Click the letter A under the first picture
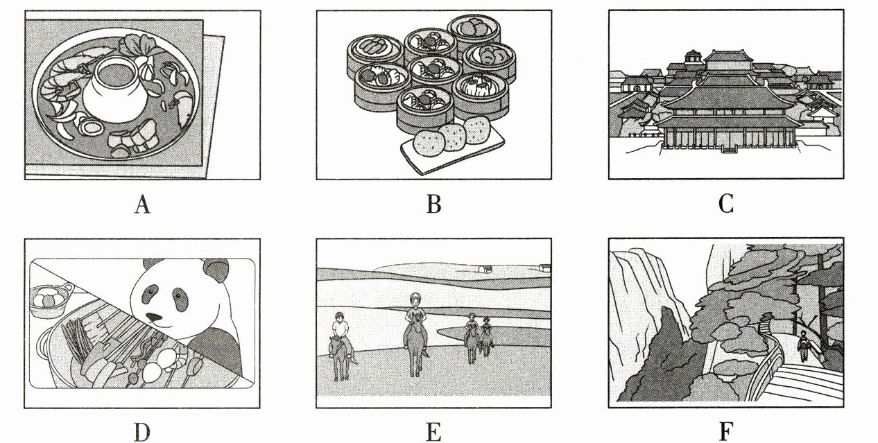pos(142,205)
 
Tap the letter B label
pos(434,205)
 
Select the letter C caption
pos(726,205)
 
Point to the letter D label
pos(142,433)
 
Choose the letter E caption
pos(434,433)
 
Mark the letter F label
pos(726,433)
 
